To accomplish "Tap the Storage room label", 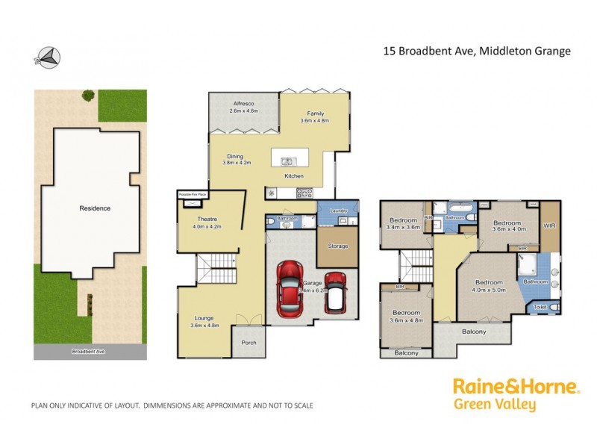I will click(x=337, y=246).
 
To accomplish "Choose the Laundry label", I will click(x=337, y=211).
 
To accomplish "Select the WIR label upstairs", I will click(x=550, y=225).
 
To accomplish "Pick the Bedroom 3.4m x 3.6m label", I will click(x=403, y=224).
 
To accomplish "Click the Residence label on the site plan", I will click(x=95, y=208).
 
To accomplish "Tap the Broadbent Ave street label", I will click(x=89, y=351).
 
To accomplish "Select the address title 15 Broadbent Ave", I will click(x=477, y=52).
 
